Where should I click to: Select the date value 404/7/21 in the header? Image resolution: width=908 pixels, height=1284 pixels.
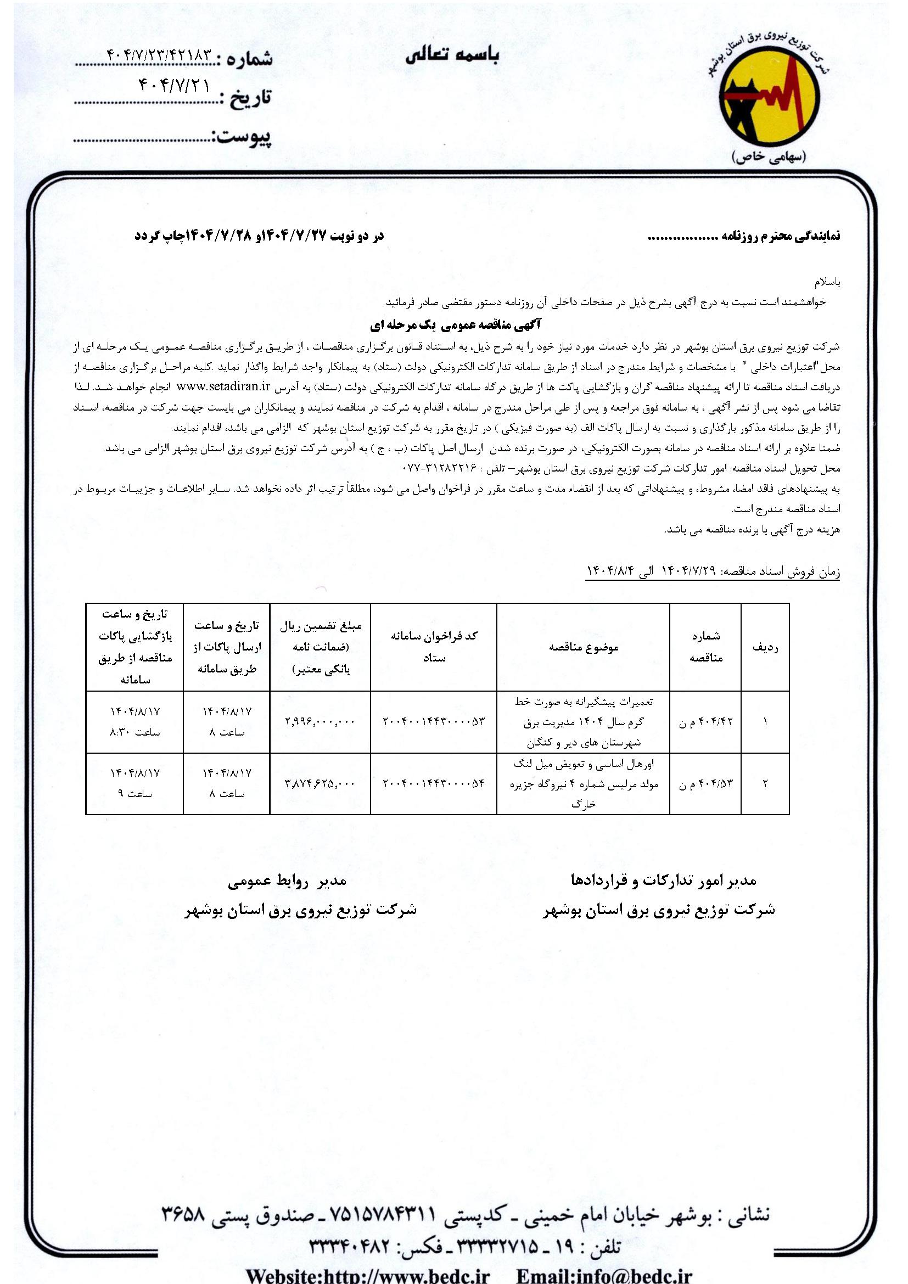172,86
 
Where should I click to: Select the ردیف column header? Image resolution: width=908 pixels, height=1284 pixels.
765,647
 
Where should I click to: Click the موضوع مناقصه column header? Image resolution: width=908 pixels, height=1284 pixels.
583,647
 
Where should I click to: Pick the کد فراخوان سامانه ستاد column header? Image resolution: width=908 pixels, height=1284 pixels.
433,647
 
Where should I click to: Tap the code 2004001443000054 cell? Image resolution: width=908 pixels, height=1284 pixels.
433,783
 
